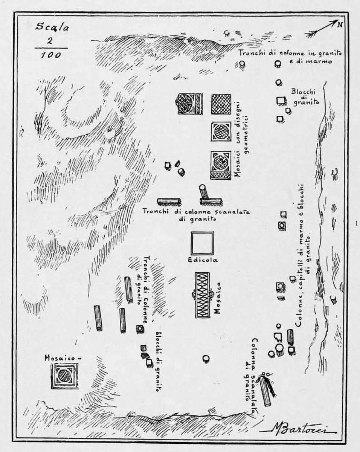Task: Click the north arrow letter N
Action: pos(340,25)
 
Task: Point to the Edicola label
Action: pos(202,260)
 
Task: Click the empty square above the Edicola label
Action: pos(202,243)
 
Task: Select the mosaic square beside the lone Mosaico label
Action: pos(64,376)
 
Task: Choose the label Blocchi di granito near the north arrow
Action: pos(305,96)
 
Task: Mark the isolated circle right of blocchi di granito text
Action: pos(206,358)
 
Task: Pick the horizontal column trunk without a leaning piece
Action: pos(169,202)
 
